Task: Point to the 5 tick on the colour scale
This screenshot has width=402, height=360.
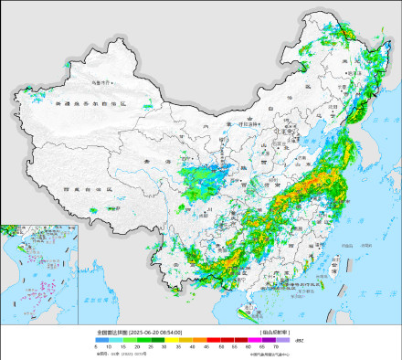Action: [x=95, y=347]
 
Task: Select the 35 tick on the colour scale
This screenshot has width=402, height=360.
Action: [x=179, y=347]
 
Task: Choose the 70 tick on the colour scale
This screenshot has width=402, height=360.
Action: [x=276, y=347]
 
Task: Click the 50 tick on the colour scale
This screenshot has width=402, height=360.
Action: [x=220, y=347]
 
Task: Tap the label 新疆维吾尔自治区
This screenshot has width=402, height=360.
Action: [x=93, y=106]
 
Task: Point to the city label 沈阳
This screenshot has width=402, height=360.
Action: [x=343, y=107]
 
